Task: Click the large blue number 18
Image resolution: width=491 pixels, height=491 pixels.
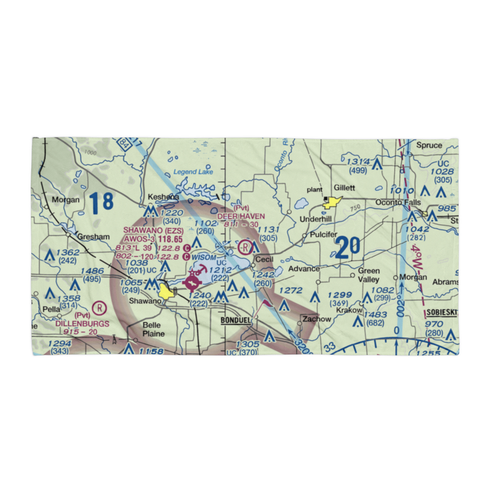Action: [x=102, y=201]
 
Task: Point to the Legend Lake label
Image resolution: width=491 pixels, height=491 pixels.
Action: [x=193, y=172]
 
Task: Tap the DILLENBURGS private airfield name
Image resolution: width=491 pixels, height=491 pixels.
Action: [x=82, y=324]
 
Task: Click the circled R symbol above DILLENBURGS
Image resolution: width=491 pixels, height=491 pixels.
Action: [x=99, y=308]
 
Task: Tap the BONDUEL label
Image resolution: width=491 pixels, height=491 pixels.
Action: [x=236, y=320]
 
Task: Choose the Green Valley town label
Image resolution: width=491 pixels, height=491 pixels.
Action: [x=368, y=275]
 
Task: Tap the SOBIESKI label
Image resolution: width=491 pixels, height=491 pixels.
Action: [x=441, y=312]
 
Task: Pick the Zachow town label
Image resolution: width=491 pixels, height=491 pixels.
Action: [x=317, y=319]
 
